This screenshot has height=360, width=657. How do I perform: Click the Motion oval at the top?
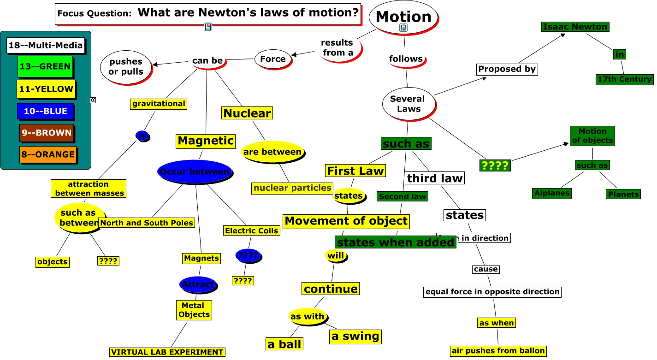click(403, 17)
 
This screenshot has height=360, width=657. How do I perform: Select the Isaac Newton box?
click(575, 27)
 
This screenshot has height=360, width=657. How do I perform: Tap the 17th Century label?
click(624, 79)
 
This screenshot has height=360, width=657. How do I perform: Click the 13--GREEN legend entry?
click(45, 66)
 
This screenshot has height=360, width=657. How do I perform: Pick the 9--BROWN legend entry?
click(47, 133)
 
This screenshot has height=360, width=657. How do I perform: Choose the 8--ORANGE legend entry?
click(47, 154)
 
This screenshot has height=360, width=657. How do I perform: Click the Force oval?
click(273, 59)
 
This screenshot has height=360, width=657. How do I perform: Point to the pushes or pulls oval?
click(126, 67)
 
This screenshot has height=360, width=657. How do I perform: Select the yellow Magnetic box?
click(206, 141)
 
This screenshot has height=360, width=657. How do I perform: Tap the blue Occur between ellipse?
click(195, 172)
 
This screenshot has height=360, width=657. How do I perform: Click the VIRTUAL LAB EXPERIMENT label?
click(167, 352)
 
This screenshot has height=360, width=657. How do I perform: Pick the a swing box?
click(355, 336)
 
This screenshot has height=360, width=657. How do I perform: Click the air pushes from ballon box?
click(498, 351)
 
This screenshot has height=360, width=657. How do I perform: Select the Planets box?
click(623, 194)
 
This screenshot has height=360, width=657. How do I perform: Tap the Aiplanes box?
click(551, 193)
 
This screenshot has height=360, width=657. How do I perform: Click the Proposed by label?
click(507, 69)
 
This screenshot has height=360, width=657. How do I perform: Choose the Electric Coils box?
click(251, 230)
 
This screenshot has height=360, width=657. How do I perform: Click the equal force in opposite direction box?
click(492, 292)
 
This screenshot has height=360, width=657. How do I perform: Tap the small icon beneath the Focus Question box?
click(207, 27)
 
